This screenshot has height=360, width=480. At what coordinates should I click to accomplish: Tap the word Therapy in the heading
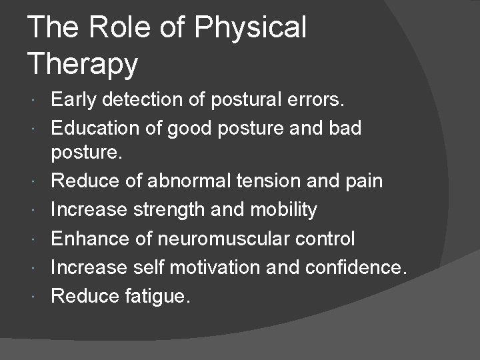coord(83,65)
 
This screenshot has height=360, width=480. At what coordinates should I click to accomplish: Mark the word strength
coord(170,210)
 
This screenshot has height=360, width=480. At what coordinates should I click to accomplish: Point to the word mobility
coord(283,210)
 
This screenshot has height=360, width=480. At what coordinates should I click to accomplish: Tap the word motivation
coord(217,267)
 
